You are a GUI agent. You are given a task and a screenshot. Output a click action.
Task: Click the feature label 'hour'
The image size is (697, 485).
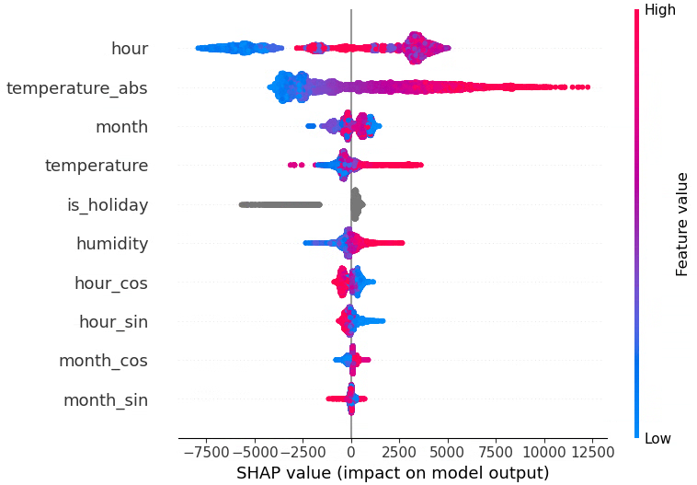129,49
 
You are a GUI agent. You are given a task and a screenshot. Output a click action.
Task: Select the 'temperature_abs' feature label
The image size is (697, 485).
76,88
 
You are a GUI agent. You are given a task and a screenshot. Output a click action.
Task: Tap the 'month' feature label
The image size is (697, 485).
121,127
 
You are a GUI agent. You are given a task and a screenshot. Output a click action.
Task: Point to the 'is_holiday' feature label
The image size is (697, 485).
108,205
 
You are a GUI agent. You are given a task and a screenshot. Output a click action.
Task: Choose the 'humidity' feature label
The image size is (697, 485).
112,244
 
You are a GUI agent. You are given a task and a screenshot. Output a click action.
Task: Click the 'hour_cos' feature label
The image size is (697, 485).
111,283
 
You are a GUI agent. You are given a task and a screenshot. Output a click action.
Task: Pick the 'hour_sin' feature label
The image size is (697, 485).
113,322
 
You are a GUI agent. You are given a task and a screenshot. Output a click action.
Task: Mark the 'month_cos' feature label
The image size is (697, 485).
103,361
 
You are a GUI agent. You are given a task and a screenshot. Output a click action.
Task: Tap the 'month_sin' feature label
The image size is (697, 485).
105,400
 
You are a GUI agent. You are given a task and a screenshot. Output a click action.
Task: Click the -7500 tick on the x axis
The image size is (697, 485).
206,452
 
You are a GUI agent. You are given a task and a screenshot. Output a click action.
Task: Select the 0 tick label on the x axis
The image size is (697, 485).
351,452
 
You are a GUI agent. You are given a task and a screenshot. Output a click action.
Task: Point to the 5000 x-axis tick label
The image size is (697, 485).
448,452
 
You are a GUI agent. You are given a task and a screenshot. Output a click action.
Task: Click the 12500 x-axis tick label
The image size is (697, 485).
592,452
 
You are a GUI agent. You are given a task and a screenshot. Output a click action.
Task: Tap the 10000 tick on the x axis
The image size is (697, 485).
544,452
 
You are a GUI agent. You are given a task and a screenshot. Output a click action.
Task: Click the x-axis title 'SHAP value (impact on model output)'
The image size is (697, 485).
393,473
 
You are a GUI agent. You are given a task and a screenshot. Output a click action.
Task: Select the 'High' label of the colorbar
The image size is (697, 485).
660,10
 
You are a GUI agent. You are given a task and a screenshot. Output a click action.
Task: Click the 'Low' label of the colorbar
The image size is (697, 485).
658,439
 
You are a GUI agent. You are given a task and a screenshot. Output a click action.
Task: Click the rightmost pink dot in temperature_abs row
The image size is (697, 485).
587,87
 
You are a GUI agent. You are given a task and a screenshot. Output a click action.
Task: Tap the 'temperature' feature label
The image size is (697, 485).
97,166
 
